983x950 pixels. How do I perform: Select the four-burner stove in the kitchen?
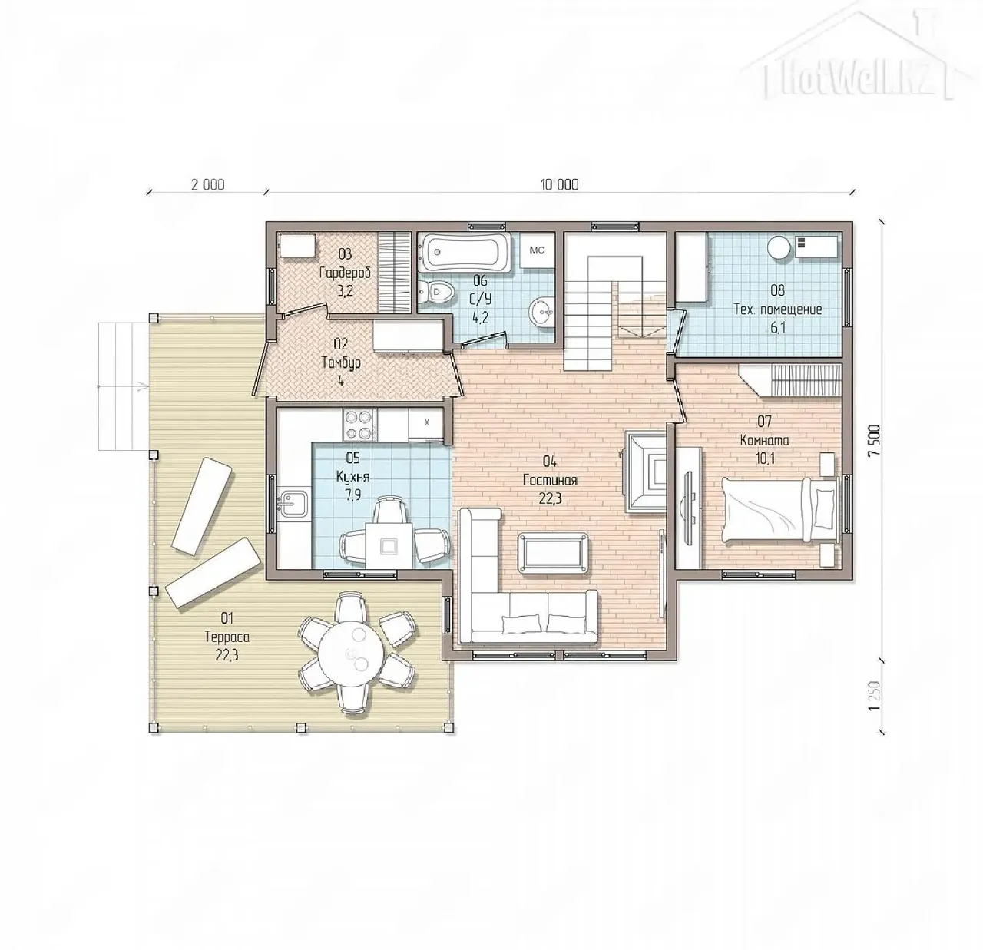[359, 424]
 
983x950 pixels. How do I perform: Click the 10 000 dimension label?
[560, 184]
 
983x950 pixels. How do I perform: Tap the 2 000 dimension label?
[207, 184]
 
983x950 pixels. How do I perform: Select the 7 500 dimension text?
[875, 440]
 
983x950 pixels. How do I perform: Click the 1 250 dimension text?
[875, 696]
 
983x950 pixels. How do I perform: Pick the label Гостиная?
[550, 480]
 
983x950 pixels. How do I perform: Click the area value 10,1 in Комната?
[766, 459]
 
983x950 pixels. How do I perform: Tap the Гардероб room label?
[346, 273]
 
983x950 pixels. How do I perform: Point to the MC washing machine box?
[537, 250]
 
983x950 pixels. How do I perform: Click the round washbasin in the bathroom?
[542, 313]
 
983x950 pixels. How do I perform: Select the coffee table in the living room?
[553, 552]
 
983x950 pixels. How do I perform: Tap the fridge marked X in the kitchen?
[425, 423]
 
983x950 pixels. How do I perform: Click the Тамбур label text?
[342, 362]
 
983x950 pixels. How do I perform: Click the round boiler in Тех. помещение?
[779, 248]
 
